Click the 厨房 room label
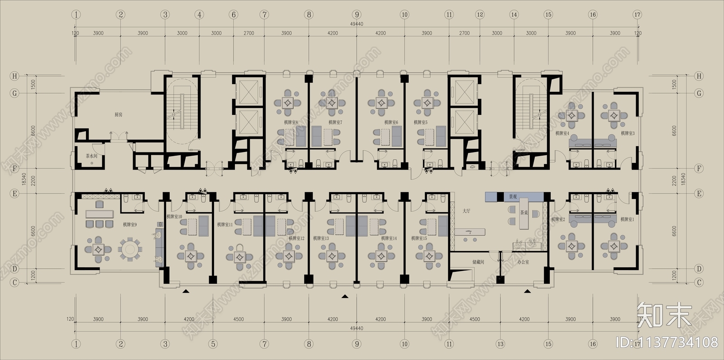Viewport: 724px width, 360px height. pos(118,115)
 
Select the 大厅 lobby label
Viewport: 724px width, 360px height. pos(467,211)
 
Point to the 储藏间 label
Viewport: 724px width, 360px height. pos(478,262)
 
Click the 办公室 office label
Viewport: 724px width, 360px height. pos(523,262)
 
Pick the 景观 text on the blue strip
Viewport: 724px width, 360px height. pos(513,197)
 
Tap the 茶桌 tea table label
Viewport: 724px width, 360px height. pos(524,213)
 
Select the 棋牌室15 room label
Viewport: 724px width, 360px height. pos(419,238)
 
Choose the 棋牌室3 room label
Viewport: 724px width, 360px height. pos(628,133)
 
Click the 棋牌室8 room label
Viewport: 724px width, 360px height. pos(291,122)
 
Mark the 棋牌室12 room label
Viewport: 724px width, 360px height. pos(297,238)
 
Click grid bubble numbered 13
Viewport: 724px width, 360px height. pos(500,344)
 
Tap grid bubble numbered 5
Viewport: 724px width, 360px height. pos(212,344)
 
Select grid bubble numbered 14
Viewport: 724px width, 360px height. pos(514,14)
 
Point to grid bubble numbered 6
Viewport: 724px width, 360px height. pos(233,14)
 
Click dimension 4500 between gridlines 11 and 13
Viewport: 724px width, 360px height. pos(474,319)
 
